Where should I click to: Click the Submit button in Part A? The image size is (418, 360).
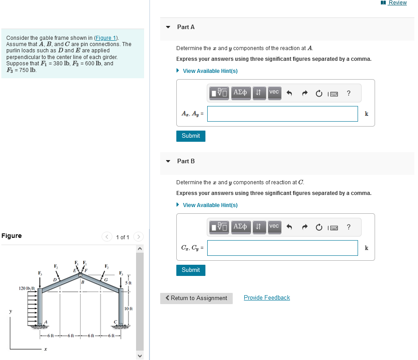point(191,136)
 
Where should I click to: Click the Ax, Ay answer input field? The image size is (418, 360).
point(282,114)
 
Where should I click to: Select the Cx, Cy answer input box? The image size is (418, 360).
point(282,248)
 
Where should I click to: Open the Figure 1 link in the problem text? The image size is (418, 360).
point(105,38)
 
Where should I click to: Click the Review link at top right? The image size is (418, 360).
point(397,3)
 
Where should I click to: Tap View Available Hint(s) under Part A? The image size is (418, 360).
point(210,71)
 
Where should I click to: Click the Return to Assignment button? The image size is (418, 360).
point(196,298)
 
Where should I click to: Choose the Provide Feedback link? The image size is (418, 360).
point(267,298)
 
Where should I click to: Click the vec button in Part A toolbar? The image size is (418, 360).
point(274,92)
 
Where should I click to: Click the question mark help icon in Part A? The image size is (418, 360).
point(349,93)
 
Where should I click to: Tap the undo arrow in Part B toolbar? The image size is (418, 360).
point(289,227)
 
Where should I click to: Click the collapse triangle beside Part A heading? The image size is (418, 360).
point(168,27)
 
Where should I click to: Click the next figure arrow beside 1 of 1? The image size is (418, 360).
point(139,237)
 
